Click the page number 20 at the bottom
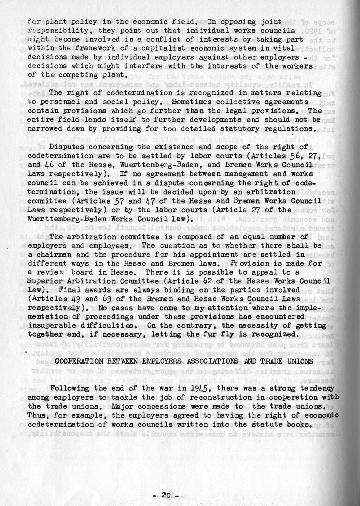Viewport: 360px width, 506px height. (x=166, y=495)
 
